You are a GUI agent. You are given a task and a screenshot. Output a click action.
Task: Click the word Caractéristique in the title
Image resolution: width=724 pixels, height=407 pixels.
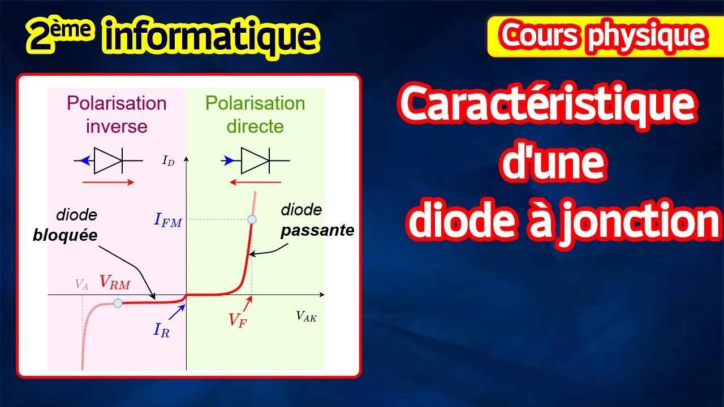(547, 106)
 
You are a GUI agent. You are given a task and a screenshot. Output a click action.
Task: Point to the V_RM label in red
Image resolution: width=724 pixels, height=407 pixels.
(115, 283)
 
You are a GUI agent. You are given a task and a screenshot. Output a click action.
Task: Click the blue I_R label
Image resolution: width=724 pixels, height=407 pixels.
(161, 330)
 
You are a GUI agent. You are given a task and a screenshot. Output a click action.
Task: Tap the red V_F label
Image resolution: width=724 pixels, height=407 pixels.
(238, 319)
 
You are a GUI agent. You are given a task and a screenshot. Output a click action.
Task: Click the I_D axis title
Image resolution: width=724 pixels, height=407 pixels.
(168, 161)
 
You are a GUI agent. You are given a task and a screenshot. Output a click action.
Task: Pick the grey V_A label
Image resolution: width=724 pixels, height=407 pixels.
(81, 285)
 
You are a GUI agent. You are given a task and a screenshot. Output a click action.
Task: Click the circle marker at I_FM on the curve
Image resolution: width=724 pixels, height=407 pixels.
(252, 219)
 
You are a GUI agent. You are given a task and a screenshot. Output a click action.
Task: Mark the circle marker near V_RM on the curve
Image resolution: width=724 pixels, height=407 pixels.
(118, 303)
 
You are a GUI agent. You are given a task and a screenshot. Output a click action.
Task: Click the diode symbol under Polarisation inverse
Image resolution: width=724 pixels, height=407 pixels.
(107, 161)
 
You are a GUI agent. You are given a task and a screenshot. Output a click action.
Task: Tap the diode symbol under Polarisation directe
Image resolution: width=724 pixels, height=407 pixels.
(255, 161)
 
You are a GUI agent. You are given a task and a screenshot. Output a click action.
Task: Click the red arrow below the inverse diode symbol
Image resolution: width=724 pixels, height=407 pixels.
(107, 182)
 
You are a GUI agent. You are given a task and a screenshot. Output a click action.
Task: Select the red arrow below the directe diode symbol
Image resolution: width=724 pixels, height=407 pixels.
(256, 182)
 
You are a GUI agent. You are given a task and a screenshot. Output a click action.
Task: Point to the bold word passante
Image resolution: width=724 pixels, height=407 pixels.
(317, 230)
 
